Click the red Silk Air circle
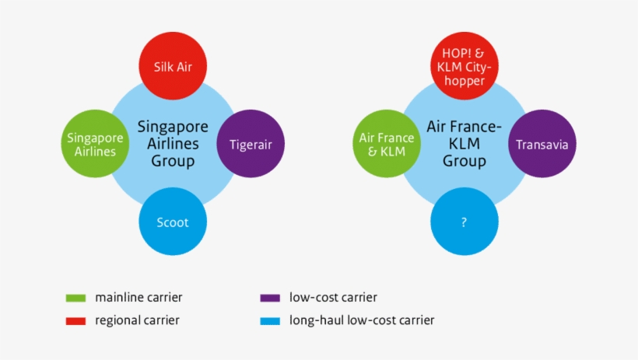point(173,66)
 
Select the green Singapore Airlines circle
point(96,145)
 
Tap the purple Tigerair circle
point(250,145)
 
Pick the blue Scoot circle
point(173,222)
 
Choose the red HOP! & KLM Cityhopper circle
point(464,66)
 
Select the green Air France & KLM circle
point(387,145)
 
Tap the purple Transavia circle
point(542,145)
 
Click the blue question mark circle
point(464,222)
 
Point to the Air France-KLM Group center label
point(464,144)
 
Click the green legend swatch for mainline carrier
point(75,298)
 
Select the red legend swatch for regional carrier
point(75,320)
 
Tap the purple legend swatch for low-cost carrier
point(270,298)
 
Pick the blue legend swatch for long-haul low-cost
point(270,320)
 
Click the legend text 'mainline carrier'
point(138,297)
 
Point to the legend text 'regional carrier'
point(137,320)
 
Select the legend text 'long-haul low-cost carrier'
point(362,320)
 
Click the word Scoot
point(173,222)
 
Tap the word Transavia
point(542,145)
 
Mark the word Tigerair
point(250,145)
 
